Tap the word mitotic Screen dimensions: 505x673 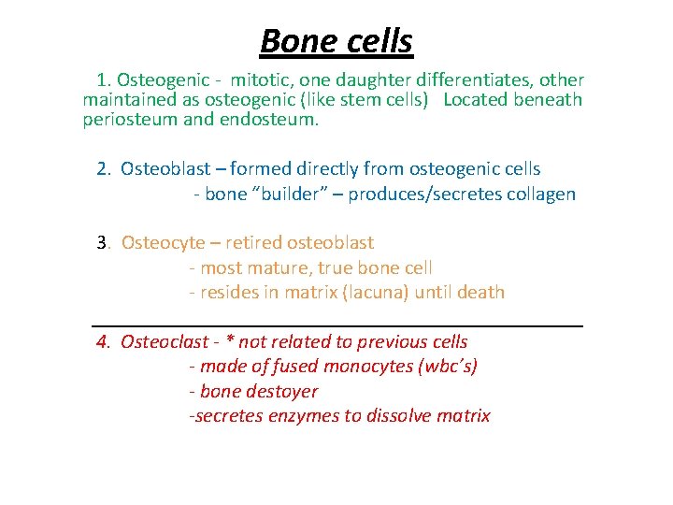pyautogui.click(x=262, y=80)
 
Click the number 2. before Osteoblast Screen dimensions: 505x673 pyautogui.click(x=104, y=169)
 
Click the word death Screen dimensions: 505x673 pyautogui.click(x=480, y=292)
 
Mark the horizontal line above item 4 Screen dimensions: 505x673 pyautogui.click(x=337, y=325)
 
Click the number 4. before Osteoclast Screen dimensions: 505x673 pyautogui.click(x=104, y=342)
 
